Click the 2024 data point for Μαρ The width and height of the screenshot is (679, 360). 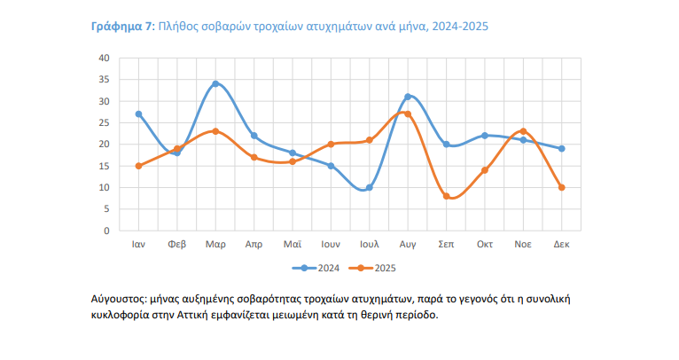tap(215, 84)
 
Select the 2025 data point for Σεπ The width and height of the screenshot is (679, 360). tap(446, 196)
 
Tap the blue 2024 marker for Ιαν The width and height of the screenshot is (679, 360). tap(138, 114)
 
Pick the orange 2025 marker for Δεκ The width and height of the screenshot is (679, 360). tap(561, 187)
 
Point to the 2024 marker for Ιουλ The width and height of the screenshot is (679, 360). tap(369, 187)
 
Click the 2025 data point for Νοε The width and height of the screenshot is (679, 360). tap(523, 131)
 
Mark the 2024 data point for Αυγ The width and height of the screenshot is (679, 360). tap(408, 97)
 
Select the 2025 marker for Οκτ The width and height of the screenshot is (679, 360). tap(485, 170)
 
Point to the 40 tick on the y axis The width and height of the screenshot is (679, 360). tap(104, 58)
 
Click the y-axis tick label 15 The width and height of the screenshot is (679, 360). tap(104, 166)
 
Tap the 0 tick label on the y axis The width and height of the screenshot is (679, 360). tap(106, 231)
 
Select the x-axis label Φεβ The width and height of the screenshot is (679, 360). tap(177, 244)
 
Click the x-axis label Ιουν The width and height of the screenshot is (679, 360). tap(331, 244)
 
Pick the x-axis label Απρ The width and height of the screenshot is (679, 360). tap(254, 244)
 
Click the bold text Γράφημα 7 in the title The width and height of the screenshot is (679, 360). tap(122, 27)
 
